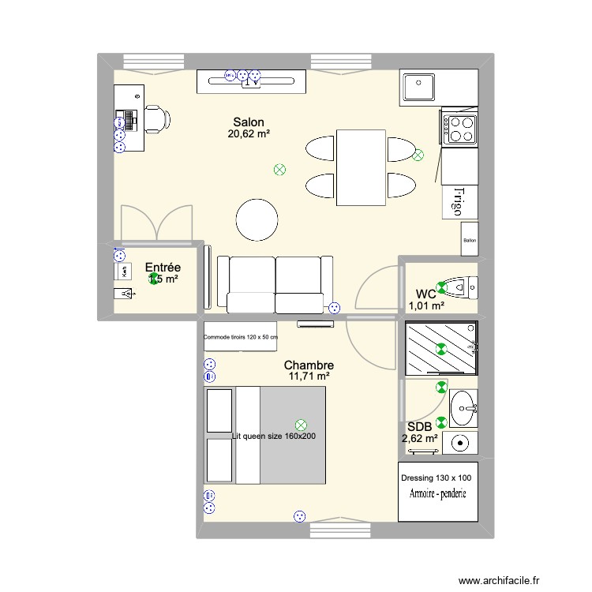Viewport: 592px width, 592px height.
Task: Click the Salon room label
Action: (249, 122)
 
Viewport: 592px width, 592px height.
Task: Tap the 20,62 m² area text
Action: (249, 134)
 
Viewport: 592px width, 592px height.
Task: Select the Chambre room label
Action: (309, 365)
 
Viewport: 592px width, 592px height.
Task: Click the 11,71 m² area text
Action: (309, 377)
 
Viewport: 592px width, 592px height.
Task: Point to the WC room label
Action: (425, 294)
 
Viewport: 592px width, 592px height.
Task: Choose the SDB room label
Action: (419, 427)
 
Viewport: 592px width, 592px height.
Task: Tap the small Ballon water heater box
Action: (470, 240)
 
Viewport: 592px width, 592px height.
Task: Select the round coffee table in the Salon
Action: (257, 219)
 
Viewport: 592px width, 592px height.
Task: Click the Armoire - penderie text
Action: (438, 494)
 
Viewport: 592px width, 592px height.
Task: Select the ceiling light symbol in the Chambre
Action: (300, 425)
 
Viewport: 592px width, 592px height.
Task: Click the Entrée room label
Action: (163, 268)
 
